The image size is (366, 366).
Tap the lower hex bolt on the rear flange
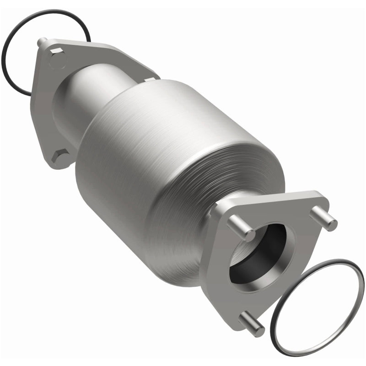[61, 157]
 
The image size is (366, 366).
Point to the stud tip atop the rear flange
[42, 41]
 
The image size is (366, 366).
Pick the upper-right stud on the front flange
[323, 218]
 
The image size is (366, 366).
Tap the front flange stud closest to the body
[241, 227]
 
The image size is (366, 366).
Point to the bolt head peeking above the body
[149, 80]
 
